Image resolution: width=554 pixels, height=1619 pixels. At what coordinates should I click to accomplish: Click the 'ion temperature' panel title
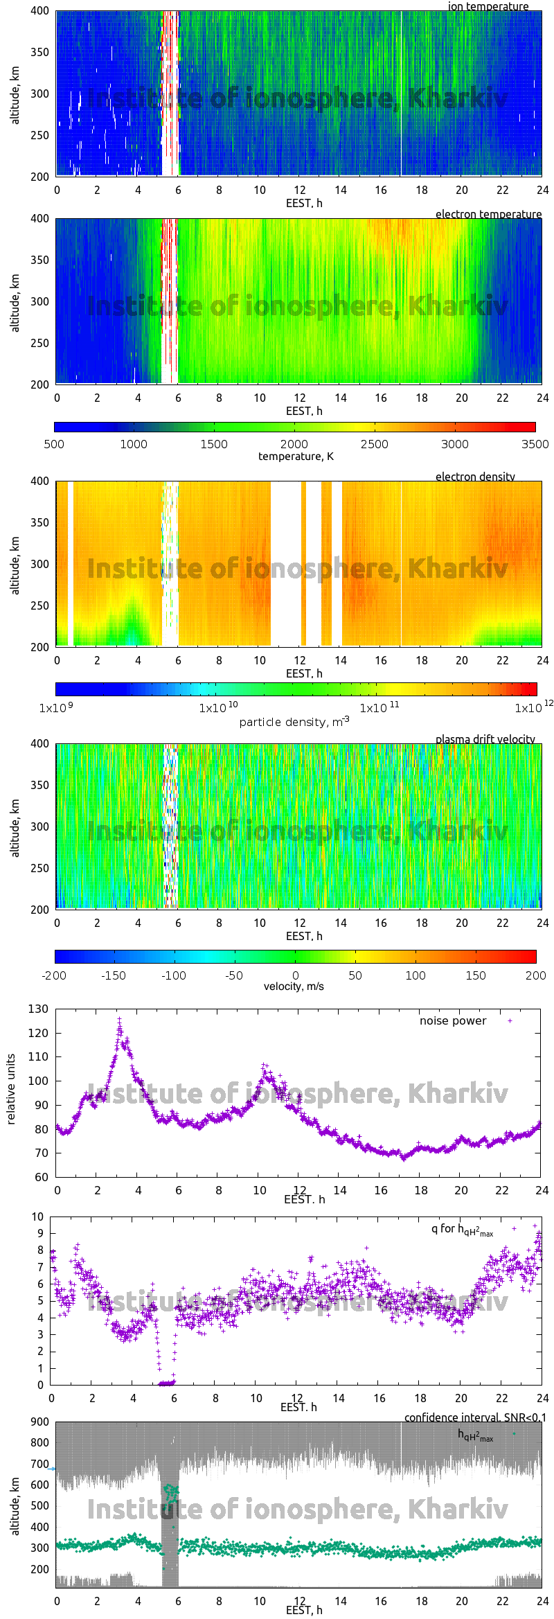[488, 6]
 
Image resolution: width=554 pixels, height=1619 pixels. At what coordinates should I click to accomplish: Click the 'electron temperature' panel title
[488, 214]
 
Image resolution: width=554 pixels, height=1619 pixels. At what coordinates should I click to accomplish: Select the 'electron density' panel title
[475, 477]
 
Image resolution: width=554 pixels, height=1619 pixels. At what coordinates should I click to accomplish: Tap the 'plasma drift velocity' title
[485, 739]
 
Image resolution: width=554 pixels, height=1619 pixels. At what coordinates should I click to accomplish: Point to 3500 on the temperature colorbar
[535, 444]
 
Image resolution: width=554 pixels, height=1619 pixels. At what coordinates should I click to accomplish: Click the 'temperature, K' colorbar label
[296, 456]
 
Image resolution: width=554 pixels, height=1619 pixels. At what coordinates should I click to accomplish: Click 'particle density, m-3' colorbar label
[294, 721]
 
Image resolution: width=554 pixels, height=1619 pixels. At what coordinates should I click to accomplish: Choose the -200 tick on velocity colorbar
[54, 975]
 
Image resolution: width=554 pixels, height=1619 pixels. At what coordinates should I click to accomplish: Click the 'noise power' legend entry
[453, 1020]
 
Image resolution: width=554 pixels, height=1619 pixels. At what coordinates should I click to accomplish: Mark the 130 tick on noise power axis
[39, 1009]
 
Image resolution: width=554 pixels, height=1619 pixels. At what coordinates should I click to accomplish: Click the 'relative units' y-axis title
[11, 1089]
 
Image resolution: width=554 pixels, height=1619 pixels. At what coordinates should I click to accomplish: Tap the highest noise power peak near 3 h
[119, 1019]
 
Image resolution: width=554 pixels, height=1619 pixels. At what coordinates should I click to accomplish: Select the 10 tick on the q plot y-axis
[37, 1217]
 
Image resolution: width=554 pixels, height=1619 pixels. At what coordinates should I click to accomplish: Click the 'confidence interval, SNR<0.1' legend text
[474, 1417]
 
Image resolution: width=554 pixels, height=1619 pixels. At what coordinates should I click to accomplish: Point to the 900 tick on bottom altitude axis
[40, 1422]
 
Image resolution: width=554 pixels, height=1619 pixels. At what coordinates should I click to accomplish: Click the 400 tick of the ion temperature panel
[39, 11]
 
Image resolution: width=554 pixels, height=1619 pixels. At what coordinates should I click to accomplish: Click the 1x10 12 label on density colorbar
[533, 707]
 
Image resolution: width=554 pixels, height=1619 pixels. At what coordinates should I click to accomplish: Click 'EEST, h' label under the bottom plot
[304, 1611]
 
